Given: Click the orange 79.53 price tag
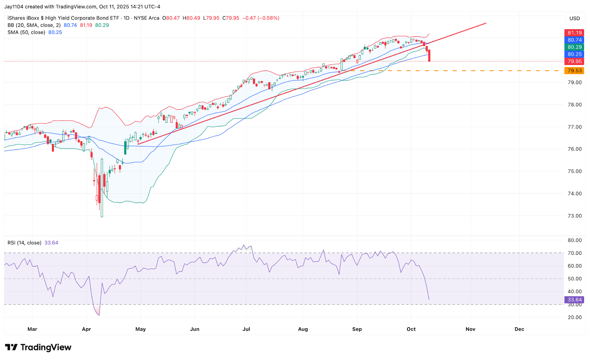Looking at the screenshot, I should click(574, 71).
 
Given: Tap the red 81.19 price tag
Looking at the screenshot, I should click(574, 33).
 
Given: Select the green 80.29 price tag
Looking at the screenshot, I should click(574, 47).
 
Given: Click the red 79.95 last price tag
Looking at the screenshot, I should click(574, 61).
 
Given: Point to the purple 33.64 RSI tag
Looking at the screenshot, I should click(574, 300).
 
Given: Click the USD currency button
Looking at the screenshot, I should click(574, 18).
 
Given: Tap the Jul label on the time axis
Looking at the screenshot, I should click(246, 329).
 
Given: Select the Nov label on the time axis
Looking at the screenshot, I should click(470, 329).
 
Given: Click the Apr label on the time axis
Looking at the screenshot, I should click(86, 329).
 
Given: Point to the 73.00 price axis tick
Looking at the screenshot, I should click(575, 216).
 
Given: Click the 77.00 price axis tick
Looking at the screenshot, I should click(575, 127).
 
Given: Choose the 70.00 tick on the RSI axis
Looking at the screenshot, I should click(575, 253).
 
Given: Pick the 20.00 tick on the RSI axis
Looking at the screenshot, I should click(575, 317).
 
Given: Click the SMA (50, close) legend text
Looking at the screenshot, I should click(26, 32).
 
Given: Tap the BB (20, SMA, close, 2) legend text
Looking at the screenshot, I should click(34, 25).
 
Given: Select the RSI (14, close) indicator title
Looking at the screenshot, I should click(24, 243).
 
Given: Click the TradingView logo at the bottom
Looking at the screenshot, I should click(38, 347).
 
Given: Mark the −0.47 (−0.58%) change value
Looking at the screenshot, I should click(261, 18).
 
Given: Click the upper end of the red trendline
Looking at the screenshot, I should click(486, 23).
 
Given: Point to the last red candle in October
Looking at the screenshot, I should click(429, 56).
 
